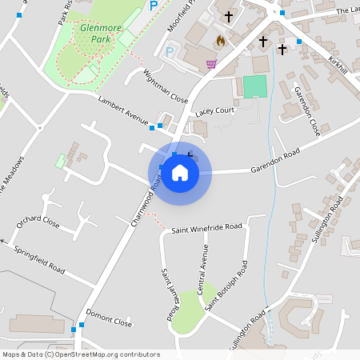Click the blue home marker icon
(x=180, y=172)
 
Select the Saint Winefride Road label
(x=206, y=227)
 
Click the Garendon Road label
(x=274, y=160)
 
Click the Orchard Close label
(x=38, y=222)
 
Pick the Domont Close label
(x=109, y=318)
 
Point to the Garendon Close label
(x=307, y=111)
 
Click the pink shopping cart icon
(x=211, y=65)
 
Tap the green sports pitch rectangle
(x=254, y=86)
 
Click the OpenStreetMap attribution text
(x=81, y=354)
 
